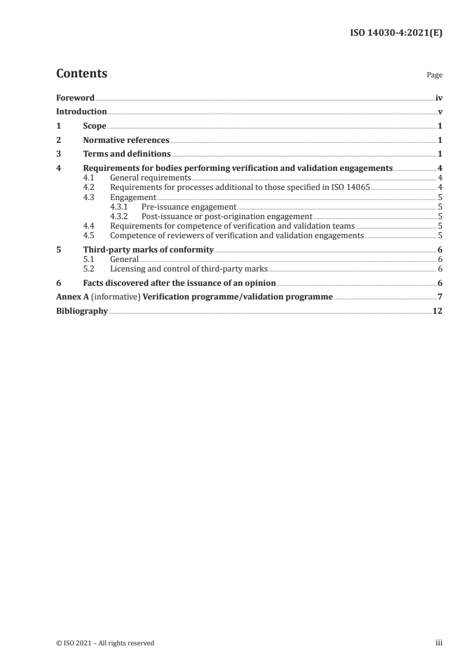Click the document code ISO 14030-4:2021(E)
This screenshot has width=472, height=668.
click(x=395, y=33)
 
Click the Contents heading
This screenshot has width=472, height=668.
click(x=82, y=74)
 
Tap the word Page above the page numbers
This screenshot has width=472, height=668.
click(x=435, y=76)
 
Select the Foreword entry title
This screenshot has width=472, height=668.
click(x=75, y=98)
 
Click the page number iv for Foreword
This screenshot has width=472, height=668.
click(x=439, y=98)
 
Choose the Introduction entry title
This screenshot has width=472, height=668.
click(x=82, y=112)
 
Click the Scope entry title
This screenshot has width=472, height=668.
click(x=95, y=126)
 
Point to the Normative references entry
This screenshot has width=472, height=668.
click(x=126, y=141)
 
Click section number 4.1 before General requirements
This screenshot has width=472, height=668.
click(x=89, y=177)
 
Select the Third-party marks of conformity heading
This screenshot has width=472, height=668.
click(x=148, y=250)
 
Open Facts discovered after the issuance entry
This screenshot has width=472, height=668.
click(x=179, y=283)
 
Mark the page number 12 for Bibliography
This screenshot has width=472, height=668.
click(x=437, y=311)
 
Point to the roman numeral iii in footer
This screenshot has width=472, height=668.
click(x=439, y=643)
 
